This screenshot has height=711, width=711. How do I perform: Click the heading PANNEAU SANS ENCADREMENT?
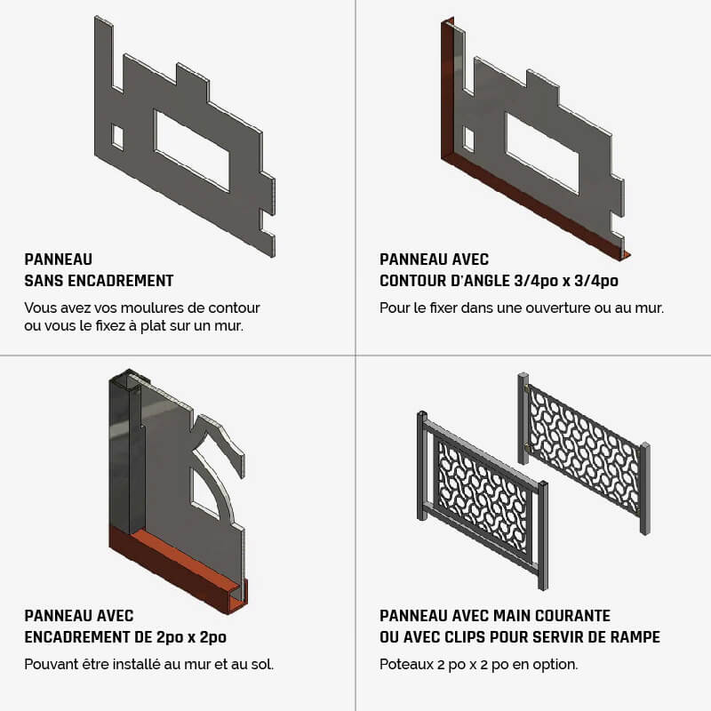point(99,270)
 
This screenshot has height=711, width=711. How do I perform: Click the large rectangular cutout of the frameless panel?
point(192,151)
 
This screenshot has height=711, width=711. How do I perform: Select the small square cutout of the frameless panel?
point(117,137)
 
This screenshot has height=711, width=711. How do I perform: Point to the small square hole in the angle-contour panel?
point(468,140)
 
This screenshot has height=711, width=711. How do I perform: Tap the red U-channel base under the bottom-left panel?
point(180,573)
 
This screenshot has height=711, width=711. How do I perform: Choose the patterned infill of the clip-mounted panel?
point(585,449)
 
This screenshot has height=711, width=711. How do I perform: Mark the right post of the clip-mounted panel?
point(645,489)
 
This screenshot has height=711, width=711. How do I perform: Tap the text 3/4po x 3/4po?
point(566,281)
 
